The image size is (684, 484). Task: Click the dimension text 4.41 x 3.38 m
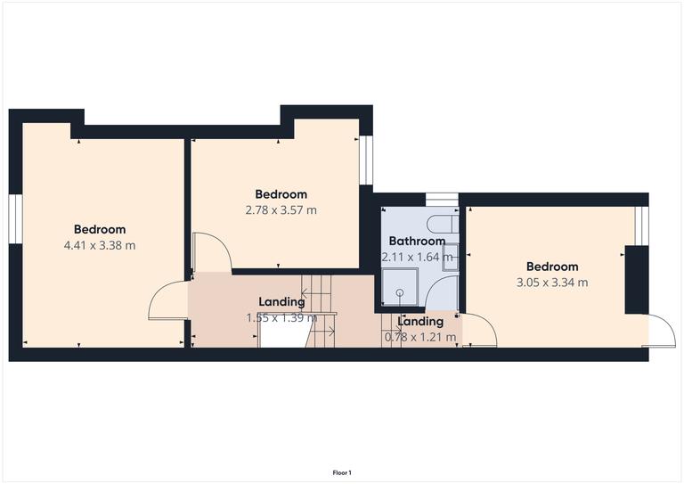click(x=100, y=245)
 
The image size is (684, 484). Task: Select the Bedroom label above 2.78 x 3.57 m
click(x=281, y=194)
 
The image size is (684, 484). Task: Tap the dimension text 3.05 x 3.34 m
click(x=551, y=283)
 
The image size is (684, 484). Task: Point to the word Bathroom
click(x=417, y=241)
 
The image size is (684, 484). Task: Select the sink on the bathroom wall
click(x=451, y=254)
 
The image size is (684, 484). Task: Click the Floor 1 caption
click(x=342, y=472)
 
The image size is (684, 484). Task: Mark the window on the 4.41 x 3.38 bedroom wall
click(x=15, y=218)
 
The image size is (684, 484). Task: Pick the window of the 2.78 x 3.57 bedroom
click(x=366, y=160)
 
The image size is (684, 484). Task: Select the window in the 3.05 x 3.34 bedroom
click(x=637, y=226)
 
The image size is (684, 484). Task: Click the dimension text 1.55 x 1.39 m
click(x=281, y=317)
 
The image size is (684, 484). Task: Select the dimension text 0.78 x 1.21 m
click(x=419, y=337)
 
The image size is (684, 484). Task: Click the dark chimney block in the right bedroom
click(x=635, y=279)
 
